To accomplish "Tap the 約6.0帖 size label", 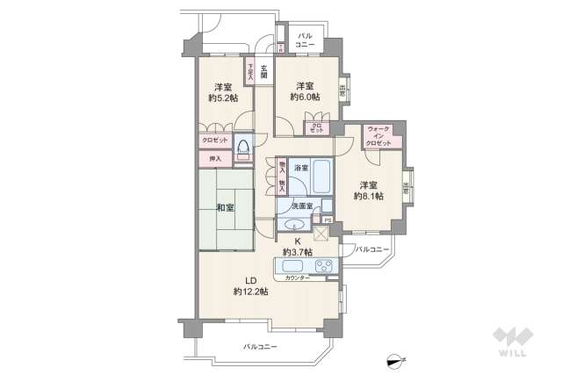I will tap(305, 97).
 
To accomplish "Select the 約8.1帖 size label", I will tap(367, 197).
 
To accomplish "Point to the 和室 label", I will tap(225, 208).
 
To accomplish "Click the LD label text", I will tap(238, 278).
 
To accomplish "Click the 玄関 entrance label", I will tap(263, 69).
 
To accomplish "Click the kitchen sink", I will tap(292, 266).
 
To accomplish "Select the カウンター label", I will tap(297, 278).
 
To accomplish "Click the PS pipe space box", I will tap(327, 220).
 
